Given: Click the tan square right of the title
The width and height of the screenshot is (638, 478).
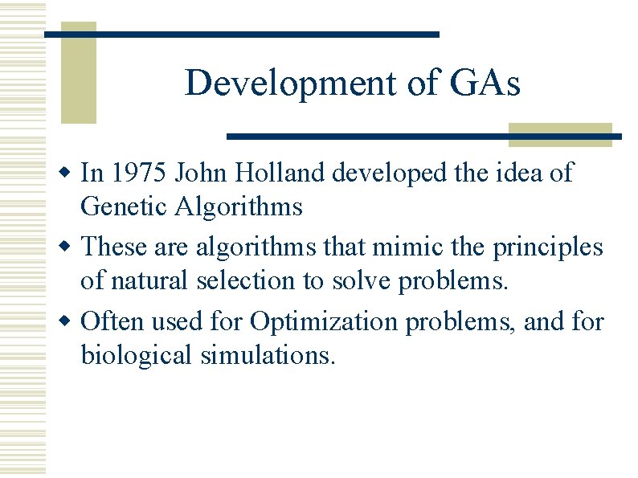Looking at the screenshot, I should pyautogui.click(x=560, y=135).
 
